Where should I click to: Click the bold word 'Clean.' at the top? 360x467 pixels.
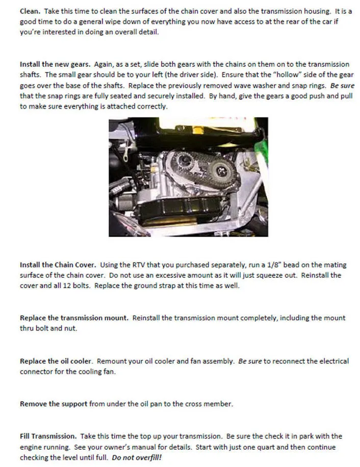30,11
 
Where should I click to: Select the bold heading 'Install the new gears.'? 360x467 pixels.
55,64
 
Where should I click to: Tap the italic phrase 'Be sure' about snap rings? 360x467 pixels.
342,86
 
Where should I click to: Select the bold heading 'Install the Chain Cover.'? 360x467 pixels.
58,265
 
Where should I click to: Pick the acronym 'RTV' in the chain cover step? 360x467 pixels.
150,265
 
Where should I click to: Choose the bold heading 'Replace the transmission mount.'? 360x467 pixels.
74,318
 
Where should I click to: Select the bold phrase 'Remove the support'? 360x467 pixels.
54,404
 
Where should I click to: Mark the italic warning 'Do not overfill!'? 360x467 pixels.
136,457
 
